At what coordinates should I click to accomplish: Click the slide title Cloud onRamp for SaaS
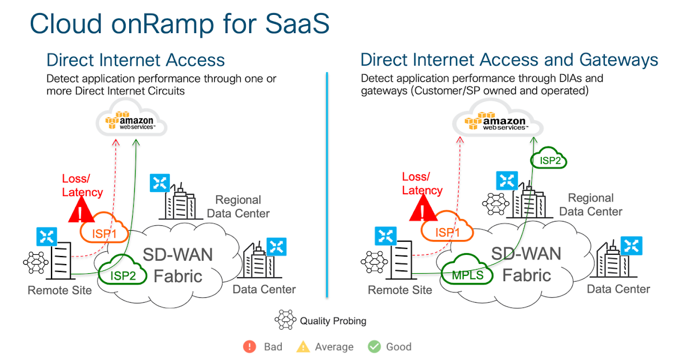tap(180, 24)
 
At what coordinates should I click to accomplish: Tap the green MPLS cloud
tap(467, 274)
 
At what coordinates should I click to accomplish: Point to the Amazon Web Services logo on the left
tap(131, 122)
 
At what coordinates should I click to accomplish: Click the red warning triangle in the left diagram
tap(81, 211)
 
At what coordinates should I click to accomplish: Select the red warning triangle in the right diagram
tap(422, 210)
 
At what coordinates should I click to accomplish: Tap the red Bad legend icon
tap(249, 346)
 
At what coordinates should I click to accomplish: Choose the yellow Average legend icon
tap(302, 346)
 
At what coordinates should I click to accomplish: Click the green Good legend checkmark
tap(374, 346)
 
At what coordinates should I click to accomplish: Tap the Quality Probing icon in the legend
tap(285, 321)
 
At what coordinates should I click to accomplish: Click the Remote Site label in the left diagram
tap(59, 290)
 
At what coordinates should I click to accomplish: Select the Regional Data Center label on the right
tap(591, 205)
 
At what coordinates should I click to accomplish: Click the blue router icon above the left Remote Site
tap(46, 237)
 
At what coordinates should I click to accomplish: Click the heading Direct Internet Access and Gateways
tap(509, 59)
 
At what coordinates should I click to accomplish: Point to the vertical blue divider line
tap(326, 183)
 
